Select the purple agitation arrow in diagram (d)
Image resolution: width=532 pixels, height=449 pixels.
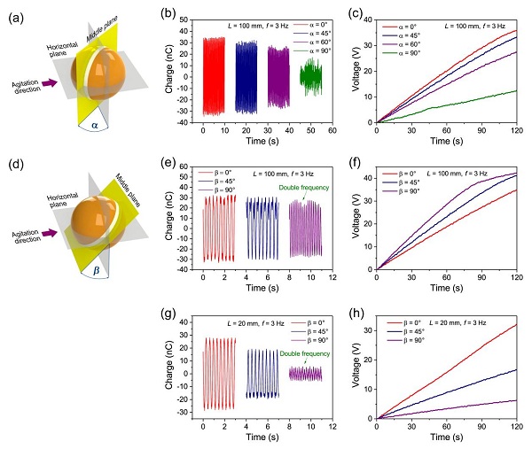(x=47, y=234)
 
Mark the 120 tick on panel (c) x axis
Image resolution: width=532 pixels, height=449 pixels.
(x=513, y=130)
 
